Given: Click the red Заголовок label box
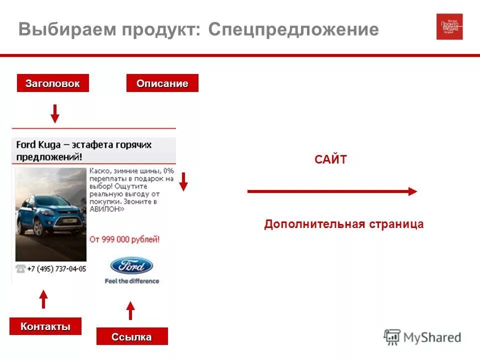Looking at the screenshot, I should [52, 83].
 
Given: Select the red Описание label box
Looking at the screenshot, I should [162, 83].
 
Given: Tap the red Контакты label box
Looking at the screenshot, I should [45, 326].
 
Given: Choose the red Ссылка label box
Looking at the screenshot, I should [131, 336].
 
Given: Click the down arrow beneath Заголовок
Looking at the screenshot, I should [55, 113].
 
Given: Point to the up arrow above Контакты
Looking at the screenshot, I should [43, 298].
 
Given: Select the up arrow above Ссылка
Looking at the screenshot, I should [130, 310].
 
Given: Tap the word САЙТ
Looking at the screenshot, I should [330, 160].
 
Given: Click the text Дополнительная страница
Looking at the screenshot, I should [343, 224].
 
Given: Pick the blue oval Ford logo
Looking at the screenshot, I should [131, 265].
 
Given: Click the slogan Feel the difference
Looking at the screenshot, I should [131, 281].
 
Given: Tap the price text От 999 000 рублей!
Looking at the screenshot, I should [124, 239].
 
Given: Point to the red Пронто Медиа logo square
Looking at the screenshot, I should [449, 26].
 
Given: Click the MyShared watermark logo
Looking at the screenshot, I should [422, 337].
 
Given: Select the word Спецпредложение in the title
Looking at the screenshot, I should [293, 29].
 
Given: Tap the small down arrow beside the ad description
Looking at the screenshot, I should [183, 181].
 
